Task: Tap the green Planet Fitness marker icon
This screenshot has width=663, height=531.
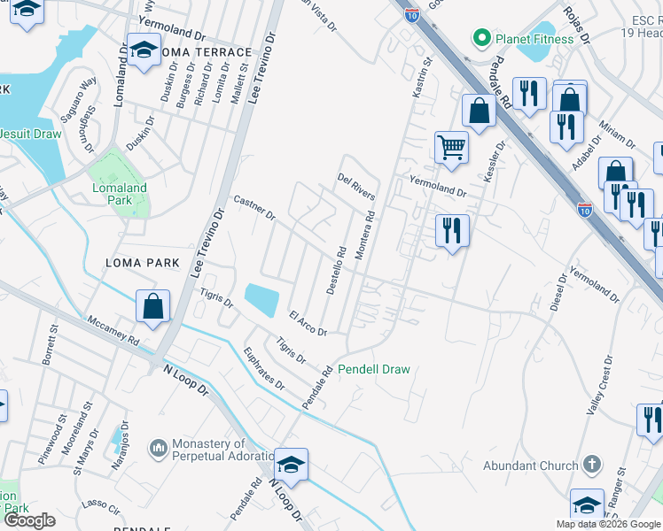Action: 482,37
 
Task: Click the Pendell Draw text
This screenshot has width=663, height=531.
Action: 374,369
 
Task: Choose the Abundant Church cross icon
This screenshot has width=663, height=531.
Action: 593,466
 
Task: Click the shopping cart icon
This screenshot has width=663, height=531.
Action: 451,146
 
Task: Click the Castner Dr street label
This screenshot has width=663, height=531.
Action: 255,209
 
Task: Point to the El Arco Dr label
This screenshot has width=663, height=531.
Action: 308,323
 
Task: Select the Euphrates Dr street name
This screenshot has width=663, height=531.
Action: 264,369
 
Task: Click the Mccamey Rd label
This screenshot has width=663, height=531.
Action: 113,333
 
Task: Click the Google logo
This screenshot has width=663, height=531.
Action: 31,519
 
